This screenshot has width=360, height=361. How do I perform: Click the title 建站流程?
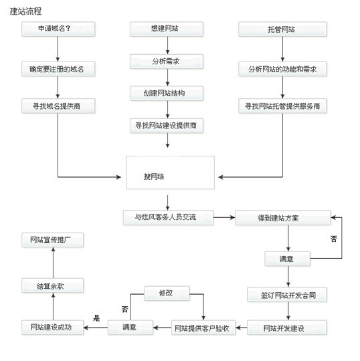pyautogui.click(x=25, y=11)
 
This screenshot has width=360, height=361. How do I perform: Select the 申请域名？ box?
pyautogui.click(x=58, y=29)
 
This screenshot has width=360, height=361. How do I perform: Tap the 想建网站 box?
pyautogui.click(x=167, y=29)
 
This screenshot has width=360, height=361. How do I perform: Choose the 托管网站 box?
pyautogui.click(x=282, y=29)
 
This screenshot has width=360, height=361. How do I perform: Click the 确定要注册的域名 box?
pyautogui.click(x=58, y=69)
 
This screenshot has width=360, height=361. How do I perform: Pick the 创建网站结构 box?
pyautogui.click(x=167, y=93)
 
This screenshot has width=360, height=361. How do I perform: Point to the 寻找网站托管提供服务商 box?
pyautogui.click(x=282, y=106)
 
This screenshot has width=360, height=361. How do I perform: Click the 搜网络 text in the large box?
pyautogui.click(x=154, y=176)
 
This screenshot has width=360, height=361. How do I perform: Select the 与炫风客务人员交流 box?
pyautogui.click(x=168, y=217)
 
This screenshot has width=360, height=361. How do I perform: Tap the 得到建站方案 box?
pyautogui.click(x=283, y=218)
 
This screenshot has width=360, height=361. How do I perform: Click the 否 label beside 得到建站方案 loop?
pyautogui.click(x=334, y=239)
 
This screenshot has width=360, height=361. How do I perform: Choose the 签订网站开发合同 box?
pyautogui.click(x=287, y=294)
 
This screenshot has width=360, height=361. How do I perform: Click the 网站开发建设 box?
pyautogui.click(x=287, y=328)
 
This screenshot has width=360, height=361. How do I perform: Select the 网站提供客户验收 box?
pyautogui.click(x=203, y=328)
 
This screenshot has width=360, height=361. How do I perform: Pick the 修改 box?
pyautogui.click(x=167, y=293)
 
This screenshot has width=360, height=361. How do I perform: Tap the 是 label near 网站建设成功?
pyautogui.click(x=96, y=318)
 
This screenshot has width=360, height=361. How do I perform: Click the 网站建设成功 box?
pyautogui.click(x=53, y=328)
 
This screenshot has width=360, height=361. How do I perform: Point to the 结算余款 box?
pyautogui.click(x=53, y=285)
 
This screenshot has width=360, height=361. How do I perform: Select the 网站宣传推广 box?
pyautogui.click(x=53, y=240)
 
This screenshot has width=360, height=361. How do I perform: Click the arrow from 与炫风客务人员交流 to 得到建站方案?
pyautogui.click(x=224, y=217)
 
